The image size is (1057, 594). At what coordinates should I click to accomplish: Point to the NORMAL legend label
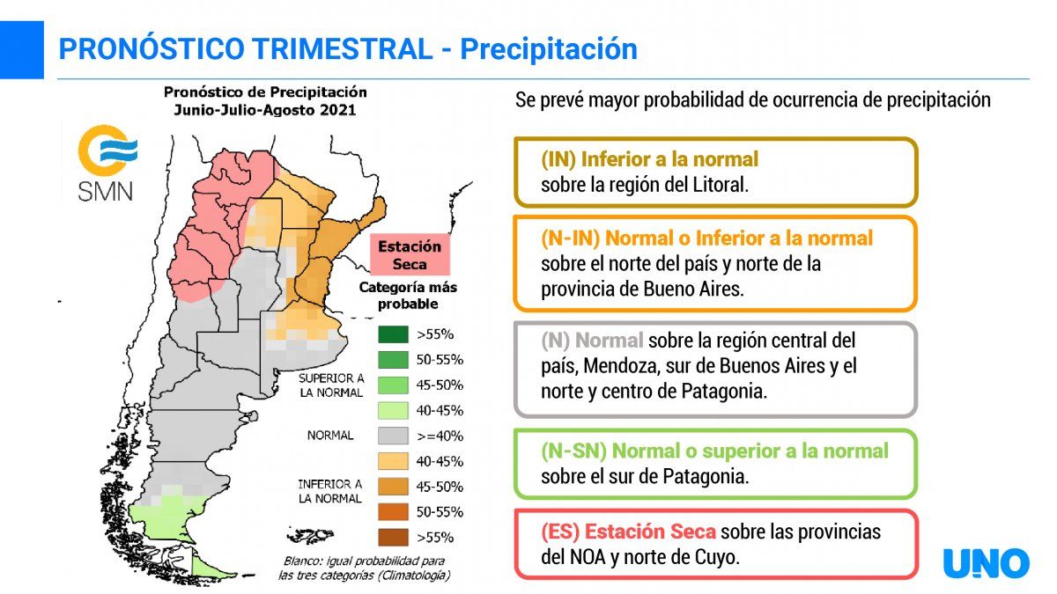click(x=330, y=436)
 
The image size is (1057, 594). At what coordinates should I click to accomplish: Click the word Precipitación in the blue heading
click(x=549, y=49)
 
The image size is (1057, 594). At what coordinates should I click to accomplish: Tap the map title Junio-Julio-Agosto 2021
click(x=264, y=109)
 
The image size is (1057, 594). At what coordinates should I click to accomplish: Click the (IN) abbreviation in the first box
click(x=558, y=160)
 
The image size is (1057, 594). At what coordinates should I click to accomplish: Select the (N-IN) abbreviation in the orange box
click(x=570, y=238)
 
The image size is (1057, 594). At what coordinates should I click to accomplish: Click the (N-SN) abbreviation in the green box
click(x=573, y=451)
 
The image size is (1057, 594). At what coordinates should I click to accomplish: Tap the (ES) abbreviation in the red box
click(x=560, y=532)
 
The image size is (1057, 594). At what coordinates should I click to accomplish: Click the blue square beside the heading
click(x=21, y=49)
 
